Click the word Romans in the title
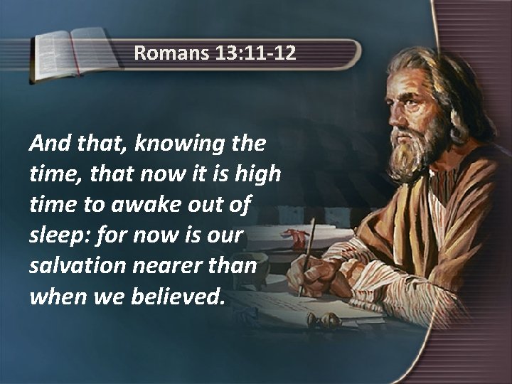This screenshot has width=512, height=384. [x=169, y=52]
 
